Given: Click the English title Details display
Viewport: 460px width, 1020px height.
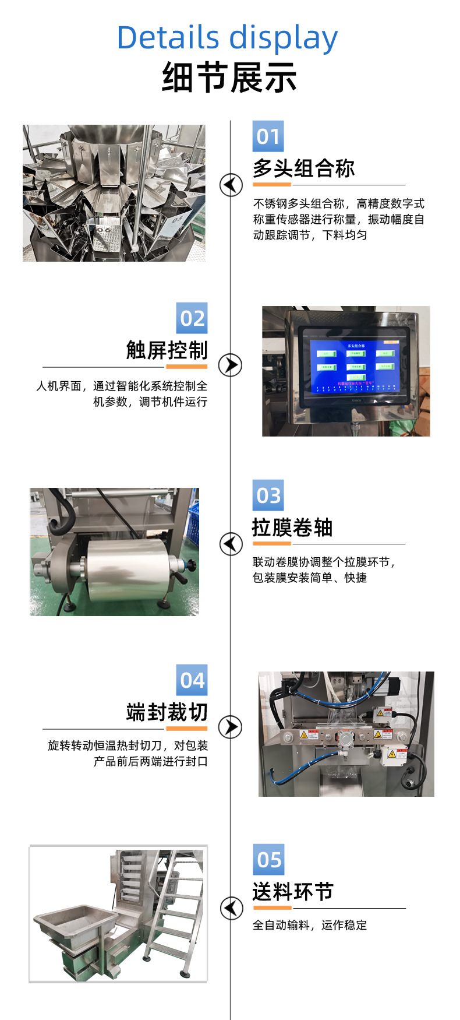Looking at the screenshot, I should pos(227,38).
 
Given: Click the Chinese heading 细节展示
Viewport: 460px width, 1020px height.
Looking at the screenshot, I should pos(229,78).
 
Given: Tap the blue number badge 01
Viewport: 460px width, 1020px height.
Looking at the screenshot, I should pos(268,136).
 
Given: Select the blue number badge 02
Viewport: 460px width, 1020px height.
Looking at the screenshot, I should pos(192,318).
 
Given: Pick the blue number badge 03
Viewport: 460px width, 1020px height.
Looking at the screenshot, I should pos(268,495).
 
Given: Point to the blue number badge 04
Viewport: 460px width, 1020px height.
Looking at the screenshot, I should pos(192,680).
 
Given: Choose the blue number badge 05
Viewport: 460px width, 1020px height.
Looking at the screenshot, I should pos(268,859).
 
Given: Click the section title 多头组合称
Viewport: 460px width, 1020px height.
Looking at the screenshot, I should pos(303,168).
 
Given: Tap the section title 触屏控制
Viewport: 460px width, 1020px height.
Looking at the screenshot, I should pos(167,350).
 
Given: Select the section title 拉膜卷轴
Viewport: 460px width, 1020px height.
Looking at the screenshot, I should pos(292,527).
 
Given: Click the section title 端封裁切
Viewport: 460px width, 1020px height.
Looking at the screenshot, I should pos(167,712).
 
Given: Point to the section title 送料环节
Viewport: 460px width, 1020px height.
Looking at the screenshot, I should pos(292,892).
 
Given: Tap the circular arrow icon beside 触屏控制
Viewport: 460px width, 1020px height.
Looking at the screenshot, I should pos(230,365).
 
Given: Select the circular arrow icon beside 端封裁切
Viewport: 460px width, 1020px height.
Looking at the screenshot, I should pos(230,727).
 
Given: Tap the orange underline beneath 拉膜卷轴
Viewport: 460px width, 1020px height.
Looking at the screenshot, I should pos(272,544).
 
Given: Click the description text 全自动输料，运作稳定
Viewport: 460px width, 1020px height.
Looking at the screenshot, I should pos(310,925).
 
